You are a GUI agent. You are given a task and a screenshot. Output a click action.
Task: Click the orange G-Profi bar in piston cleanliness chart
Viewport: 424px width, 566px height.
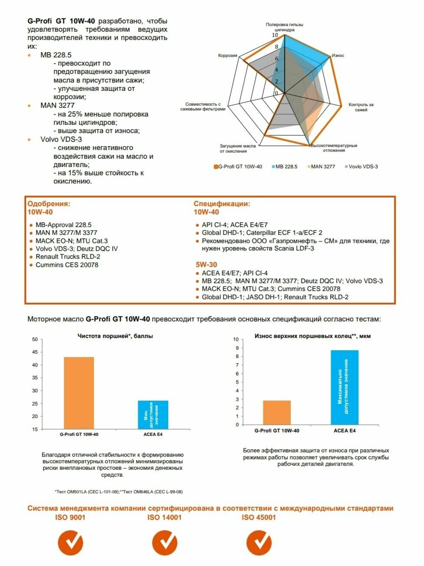coord(79,393)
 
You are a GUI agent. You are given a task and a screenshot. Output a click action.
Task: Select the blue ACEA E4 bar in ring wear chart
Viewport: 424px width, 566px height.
coord(344,387)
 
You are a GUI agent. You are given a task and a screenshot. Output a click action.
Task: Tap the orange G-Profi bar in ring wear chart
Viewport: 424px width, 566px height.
coord(277,412)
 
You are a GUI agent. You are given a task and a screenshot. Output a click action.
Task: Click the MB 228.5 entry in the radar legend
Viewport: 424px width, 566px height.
coord(286,167)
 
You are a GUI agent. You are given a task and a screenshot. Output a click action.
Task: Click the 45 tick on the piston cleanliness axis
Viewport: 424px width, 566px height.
coord(35,352)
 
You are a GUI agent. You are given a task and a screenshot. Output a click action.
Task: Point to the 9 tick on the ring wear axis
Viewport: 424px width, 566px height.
coord(237,348)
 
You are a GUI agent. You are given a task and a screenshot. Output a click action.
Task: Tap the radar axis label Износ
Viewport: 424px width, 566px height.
coord(338,56)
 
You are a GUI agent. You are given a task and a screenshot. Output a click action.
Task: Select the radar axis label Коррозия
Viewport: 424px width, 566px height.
coord(228,56)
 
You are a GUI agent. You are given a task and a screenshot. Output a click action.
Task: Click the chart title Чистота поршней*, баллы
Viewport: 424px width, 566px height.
coord(115,336)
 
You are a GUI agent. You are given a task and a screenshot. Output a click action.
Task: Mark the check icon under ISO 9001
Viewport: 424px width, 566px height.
coord(70,543)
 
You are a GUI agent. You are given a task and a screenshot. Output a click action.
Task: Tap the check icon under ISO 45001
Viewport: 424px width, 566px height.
coord(259,543)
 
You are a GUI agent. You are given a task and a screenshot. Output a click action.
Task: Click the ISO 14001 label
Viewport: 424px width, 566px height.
coord(164,517)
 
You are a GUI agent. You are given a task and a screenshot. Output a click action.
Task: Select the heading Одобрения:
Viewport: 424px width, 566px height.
coord(49,204)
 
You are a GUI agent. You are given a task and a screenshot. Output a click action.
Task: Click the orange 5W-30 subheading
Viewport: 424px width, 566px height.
coord(206,265)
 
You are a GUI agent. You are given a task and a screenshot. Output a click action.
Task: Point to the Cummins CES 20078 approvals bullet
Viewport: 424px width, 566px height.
coord(66,265)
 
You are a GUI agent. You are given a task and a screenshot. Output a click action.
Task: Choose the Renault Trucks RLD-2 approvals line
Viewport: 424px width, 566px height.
coord(68,257)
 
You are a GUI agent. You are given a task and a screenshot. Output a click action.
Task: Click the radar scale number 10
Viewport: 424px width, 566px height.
coord(275,36)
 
